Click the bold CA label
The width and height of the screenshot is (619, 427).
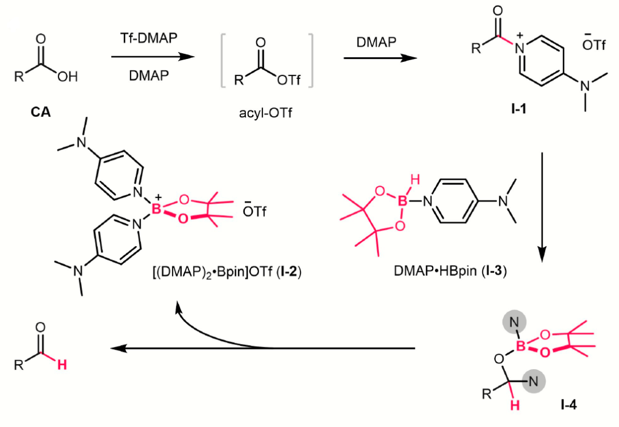click(41, 112)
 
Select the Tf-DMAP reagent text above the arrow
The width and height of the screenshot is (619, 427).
click(149, 38)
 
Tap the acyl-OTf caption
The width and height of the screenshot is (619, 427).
click(266, 113)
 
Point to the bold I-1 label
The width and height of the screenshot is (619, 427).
click(519, 108)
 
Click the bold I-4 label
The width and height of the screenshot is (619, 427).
click(569, 405)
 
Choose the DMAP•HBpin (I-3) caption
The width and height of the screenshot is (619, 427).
click(450, 271)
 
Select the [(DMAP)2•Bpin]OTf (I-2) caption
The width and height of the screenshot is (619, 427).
click(226, 272)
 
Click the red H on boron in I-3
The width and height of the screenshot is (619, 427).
click(415, 180)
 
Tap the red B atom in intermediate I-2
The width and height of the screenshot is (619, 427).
click(156, 209)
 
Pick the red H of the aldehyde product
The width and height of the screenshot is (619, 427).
click(62, 365)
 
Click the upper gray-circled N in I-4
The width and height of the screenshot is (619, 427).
click(514, 322)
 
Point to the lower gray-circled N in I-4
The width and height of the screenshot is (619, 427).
click(533, 381)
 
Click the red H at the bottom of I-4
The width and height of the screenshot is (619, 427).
click(515, 405)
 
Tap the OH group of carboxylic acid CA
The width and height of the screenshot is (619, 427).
click(68, 77)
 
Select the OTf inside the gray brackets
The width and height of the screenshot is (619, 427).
click(288, 80)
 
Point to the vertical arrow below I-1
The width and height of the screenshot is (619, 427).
click(542, 207)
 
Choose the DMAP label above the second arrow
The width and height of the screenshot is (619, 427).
click(376, 42)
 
